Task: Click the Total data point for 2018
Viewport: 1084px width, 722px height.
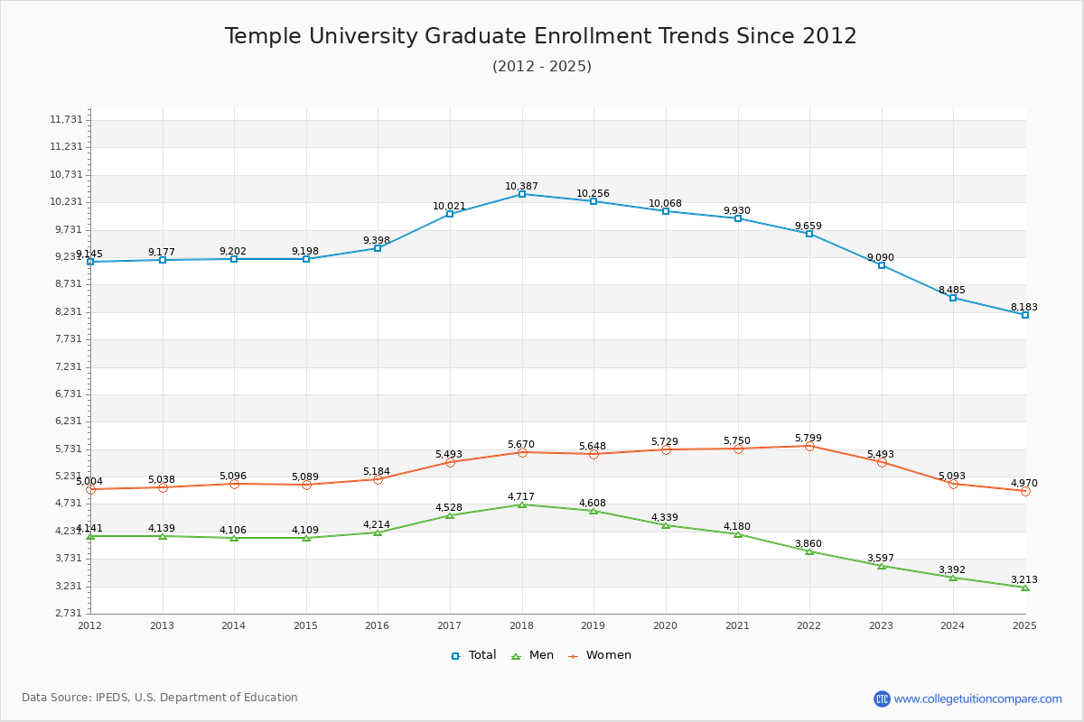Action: point(522,194)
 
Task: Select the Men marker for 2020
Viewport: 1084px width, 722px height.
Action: point(666,525)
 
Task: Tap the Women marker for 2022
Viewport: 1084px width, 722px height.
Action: point(809,446)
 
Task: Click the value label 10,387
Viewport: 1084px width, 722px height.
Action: point(521,186)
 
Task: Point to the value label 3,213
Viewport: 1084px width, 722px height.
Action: point(1023,579)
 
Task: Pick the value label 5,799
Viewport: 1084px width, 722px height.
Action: point(808,438)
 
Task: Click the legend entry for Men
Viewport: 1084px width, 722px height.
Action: point(535,655)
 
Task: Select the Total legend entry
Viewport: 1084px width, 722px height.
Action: point(474,655)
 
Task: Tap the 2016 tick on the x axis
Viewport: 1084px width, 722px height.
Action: point(378,625)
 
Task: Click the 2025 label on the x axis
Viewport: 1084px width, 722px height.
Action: point(1024,625)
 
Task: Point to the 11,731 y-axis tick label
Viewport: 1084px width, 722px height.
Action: point(66,119)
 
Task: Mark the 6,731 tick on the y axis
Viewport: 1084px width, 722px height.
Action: point(66,393)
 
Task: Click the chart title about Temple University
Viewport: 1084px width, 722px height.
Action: point(540,36)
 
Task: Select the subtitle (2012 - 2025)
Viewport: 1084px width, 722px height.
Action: point(541,66)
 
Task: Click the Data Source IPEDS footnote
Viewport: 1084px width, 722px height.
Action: point(160,698)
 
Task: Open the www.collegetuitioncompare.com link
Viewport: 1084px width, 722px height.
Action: point(977,699)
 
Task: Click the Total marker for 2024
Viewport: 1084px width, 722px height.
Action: point(953,298)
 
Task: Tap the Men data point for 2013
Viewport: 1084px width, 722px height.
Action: point(163,536)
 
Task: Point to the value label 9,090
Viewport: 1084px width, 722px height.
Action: point(880,257)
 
